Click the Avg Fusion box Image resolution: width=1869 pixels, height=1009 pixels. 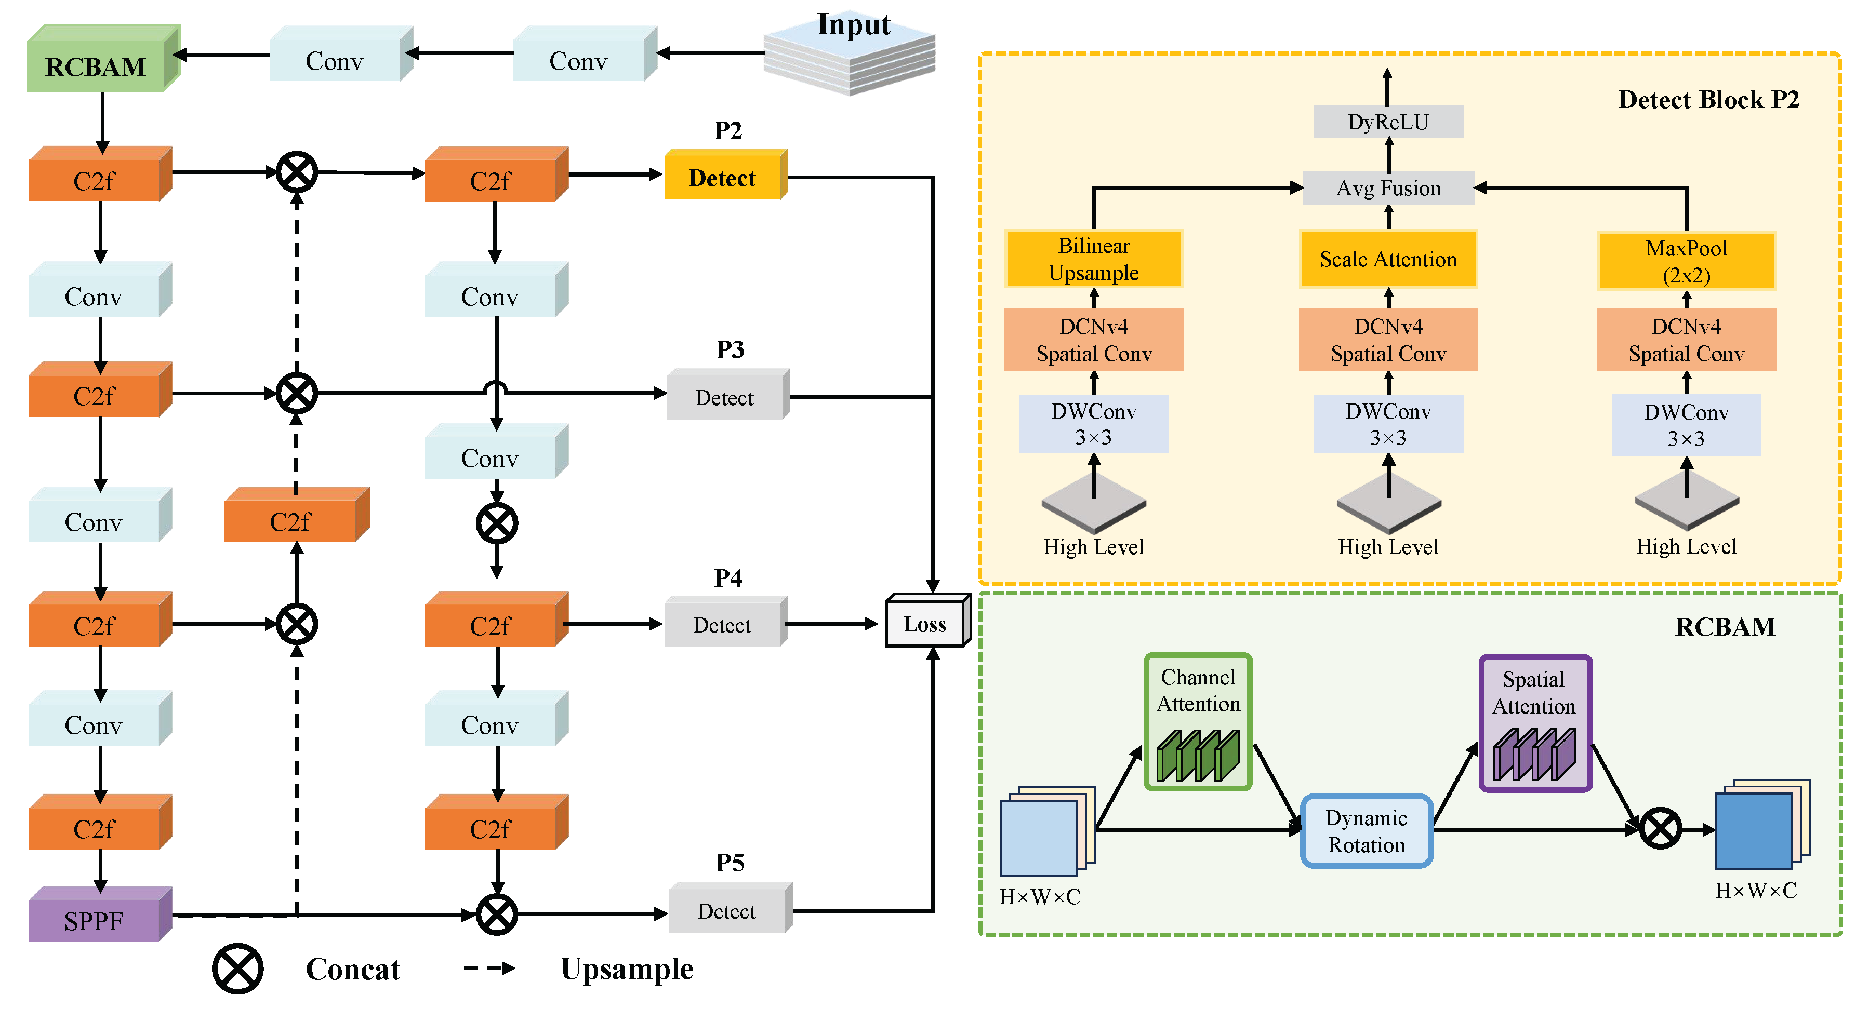coord(1387,188)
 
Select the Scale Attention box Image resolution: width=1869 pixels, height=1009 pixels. coord(1387,259)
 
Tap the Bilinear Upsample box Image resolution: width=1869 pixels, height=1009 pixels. coord(1093,259)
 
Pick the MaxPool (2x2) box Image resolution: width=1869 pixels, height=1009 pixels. coord(1686,261)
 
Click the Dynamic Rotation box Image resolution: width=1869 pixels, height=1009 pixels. coord(1366,830)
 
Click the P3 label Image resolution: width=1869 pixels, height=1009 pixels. coord(730,349)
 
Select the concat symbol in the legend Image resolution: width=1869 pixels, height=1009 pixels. coord(237,968)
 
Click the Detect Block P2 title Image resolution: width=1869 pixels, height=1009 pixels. coord(1708,99)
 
